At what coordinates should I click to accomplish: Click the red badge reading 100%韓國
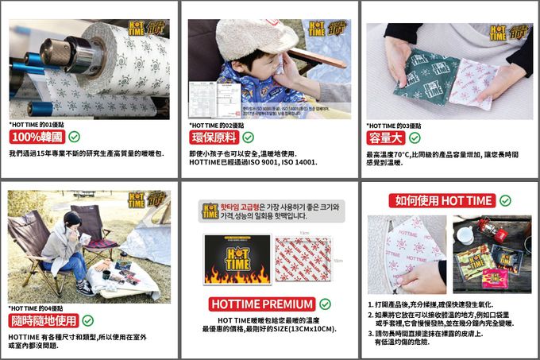(37, 137)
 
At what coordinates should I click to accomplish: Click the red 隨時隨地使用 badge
(44, 320)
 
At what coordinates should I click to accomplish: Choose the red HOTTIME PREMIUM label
(263, 304)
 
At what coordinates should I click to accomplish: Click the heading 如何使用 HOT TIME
(441, 200)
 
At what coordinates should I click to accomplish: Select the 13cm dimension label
(304, 232)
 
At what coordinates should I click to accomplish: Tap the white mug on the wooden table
(467, 235)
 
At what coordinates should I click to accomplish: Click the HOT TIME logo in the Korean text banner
(210, 211)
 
